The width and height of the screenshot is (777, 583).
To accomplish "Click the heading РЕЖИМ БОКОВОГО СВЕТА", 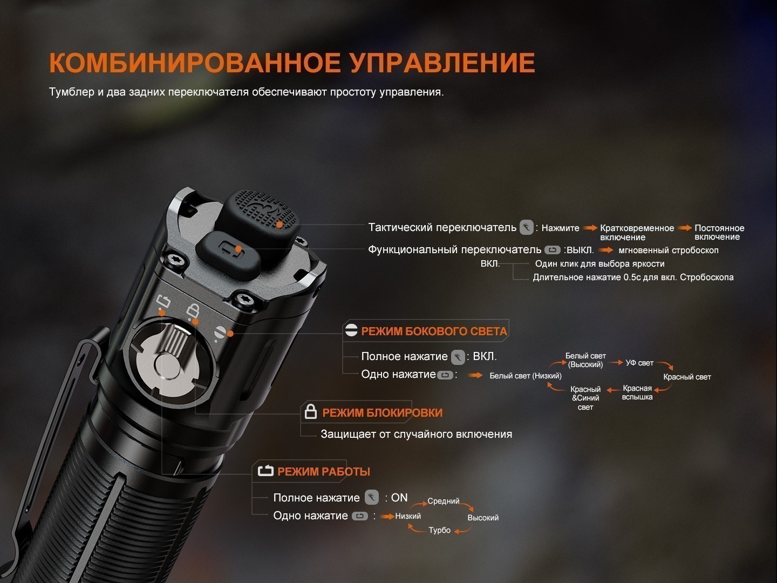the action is [434, 331].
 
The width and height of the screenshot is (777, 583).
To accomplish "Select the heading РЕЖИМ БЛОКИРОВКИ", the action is [383, 413].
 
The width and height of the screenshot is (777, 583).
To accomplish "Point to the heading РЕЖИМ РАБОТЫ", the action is [324, 471].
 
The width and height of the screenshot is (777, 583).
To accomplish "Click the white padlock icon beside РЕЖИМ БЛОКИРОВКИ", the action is [310, 411].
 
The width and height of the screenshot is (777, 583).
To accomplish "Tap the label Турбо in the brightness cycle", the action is [439, 530].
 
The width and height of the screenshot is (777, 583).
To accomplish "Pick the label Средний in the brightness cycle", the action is [443, 501].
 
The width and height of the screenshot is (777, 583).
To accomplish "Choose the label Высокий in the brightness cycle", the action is [483, 518].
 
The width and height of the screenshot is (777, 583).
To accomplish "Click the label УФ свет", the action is [639, 363].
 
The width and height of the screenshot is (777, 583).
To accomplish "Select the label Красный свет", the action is [687, 377].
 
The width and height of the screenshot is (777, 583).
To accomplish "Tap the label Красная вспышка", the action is [637, 392].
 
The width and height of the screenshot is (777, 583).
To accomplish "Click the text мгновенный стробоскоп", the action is [669, 250].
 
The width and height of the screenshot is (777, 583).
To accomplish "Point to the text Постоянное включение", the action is [719, 232].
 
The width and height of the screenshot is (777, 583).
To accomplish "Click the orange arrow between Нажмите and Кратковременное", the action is [590, 228].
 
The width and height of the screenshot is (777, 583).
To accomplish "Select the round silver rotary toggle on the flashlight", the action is [169, 364].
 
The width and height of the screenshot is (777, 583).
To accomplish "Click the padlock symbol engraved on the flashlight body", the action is [193, 311].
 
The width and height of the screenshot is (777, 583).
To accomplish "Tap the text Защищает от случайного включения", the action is [416, 434].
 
